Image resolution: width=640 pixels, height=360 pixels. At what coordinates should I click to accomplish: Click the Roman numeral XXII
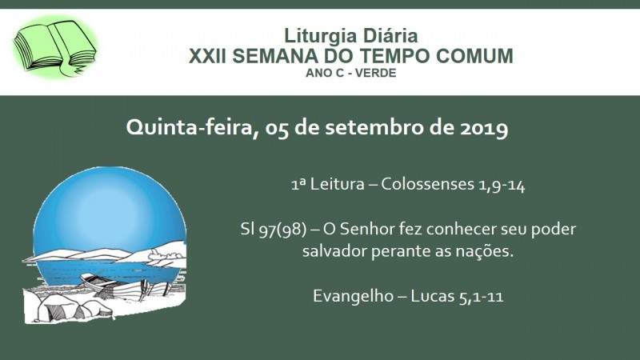pyautogui.click(x=207, y=55)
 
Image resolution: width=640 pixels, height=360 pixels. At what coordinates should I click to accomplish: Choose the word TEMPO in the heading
pyautogui.click(x=396, y=55)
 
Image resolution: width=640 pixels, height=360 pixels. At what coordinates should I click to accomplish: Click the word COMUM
pyautogui.click(x=474, y=55)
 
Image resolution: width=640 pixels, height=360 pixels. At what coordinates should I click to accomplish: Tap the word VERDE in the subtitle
pyautogui.click(x=375, y=73)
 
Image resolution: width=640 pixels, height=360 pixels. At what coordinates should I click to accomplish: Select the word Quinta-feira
pyautogui.click(x=192, y=128)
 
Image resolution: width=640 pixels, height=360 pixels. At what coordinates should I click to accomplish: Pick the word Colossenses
pyautogui.click(x=427, y=184)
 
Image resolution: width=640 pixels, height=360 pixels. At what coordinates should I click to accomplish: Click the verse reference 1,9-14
pyautogui.click(x=502, y=186)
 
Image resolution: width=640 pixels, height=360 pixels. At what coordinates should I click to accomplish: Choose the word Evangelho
pyautogui.click(x=353, y=296)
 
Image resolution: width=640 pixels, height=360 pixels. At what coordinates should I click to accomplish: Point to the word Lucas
pyautogui.click(x=432, y=296)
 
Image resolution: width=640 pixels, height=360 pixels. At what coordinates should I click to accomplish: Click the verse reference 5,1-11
pyautogui.click(x=482, y=297)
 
